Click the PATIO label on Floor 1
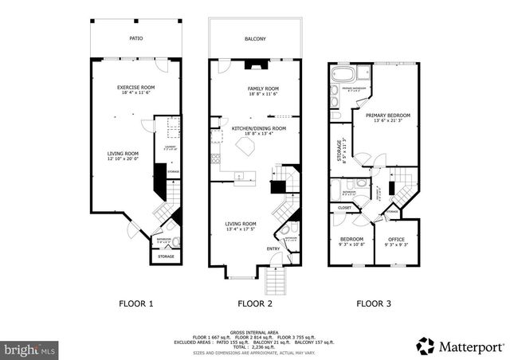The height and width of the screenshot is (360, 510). click(135, 37)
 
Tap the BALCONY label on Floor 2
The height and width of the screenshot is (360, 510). click(256, 37)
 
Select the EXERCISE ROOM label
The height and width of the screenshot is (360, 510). click(135, 88)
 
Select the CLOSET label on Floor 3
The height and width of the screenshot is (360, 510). click(344, 208)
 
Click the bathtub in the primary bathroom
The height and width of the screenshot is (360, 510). click(343, 77)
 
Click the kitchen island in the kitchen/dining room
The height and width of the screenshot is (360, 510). click(246, 146)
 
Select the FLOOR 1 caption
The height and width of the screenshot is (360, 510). click(135, 303)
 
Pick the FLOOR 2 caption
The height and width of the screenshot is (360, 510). click(255, 303)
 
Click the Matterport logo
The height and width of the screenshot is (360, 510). click(460, 345)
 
